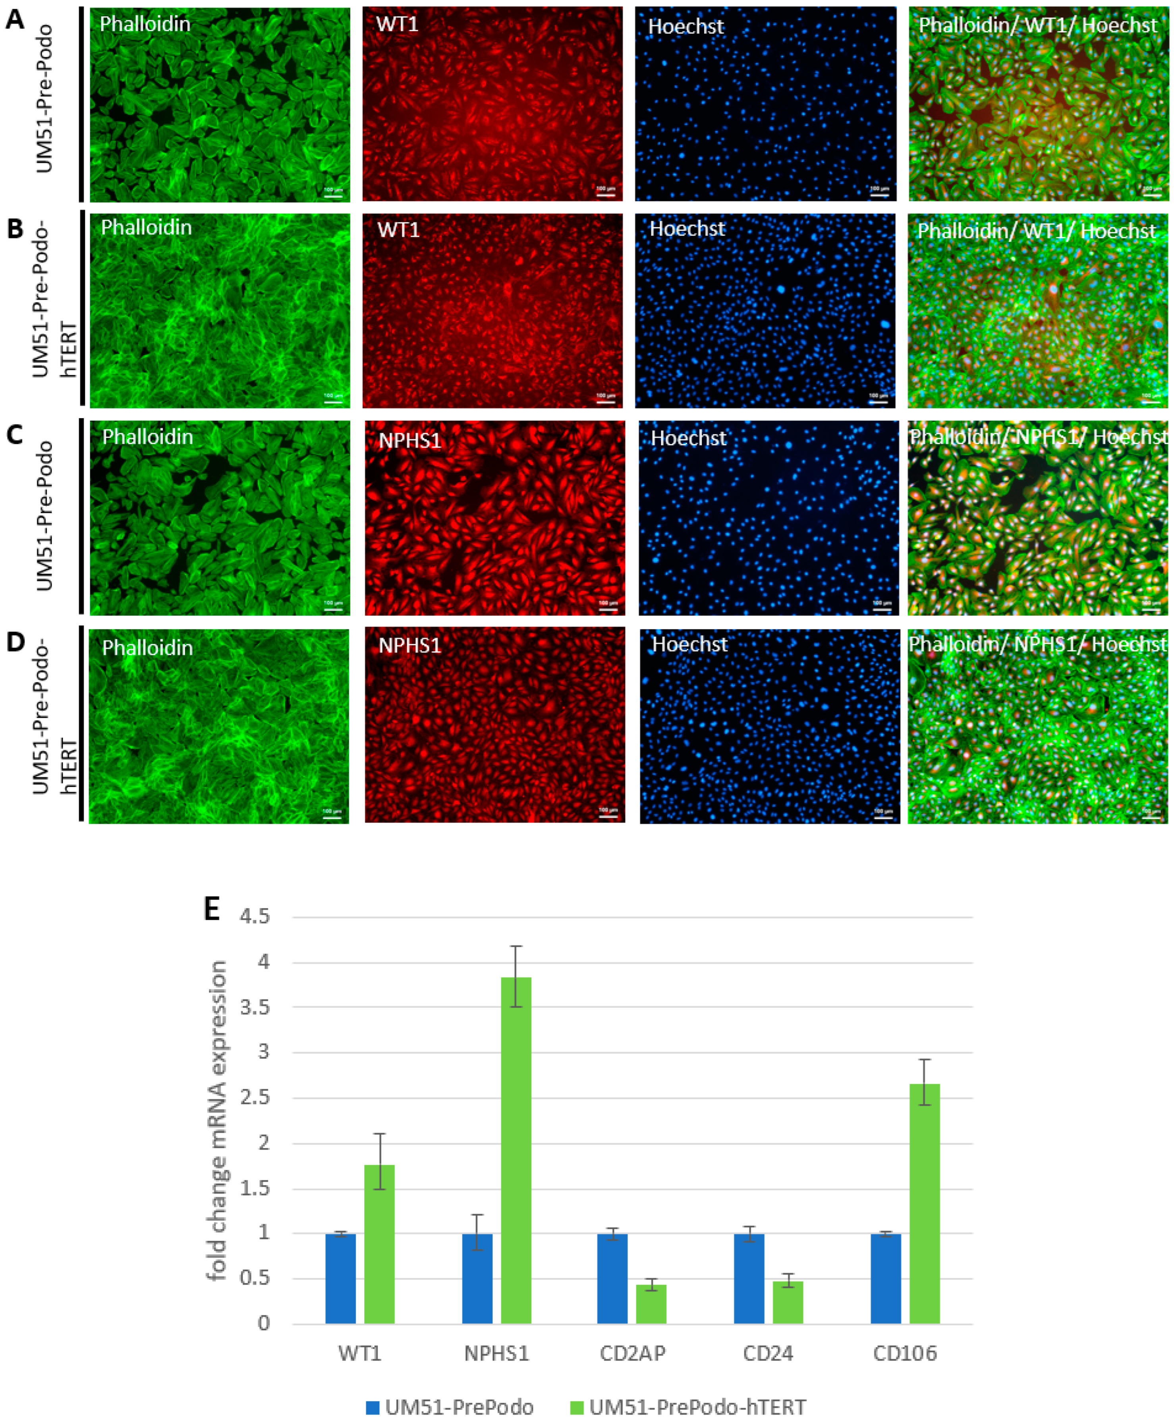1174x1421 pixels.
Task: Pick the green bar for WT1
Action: (x=379, y=1244)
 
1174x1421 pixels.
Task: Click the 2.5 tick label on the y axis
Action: (x=255, y=1097)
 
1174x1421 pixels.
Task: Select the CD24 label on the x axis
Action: (x=768, y=1354)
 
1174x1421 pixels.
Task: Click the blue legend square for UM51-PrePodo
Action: (x=373, y=1408)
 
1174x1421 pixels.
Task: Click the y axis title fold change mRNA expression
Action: (x=218, y=1120)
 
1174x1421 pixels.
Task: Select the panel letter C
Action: (x=14, y=434)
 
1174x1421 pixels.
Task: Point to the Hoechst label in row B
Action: (x=687, y=229)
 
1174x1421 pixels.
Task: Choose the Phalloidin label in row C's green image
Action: (x=147, y=437)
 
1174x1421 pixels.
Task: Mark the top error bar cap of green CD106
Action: (x=925, y=1059)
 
